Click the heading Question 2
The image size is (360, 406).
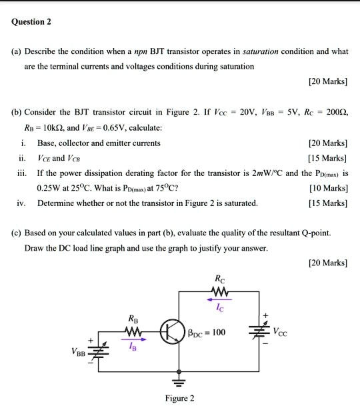pos(31,21)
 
